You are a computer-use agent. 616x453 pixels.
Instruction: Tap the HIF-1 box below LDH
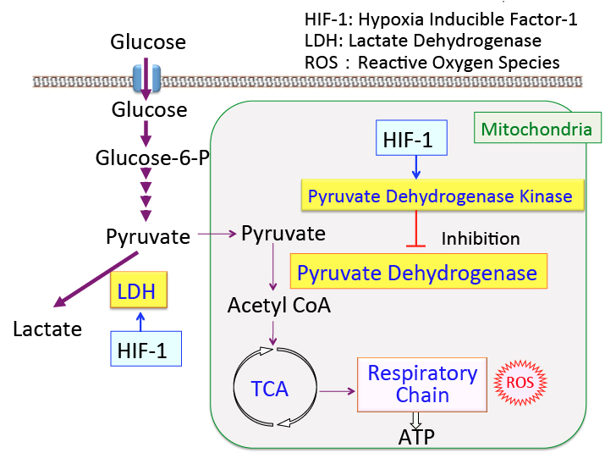click(146, 347)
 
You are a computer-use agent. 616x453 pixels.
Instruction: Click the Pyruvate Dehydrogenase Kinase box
click(440, 197)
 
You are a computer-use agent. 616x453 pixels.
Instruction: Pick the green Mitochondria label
click(536, 129)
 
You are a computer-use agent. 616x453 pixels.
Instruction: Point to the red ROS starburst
click(519, 382)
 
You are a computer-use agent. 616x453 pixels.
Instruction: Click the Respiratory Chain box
click(422, 384)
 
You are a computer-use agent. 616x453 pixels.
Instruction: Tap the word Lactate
click(47, 329)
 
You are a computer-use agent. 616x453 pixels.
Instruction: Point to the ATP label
click(417, 437)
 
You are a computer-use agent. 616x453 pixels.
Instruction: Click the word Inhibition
click(480, 239)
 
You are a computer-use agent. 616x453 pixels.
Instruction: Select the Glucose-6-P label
click(152, 158)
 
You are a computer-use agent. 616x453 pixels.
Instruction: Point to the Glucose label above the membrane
click(148, 41)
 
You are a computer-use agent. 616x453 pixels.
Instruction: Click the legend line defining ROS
click(432, 62)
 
